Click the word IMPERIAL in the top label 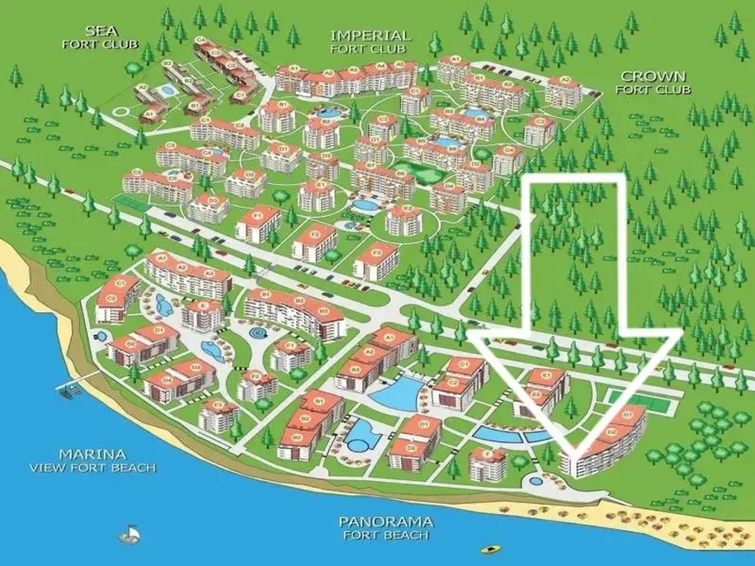370,36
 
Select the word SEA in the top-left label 101,31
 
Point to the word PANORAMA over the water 386,522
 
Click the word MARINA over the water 92,454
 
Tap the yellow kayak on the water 491,549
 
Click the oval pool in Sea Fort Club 167,90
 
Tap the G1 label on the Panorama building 627,415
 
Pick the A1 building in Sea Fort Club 149,113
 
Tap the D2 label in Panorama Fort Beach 411,448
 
